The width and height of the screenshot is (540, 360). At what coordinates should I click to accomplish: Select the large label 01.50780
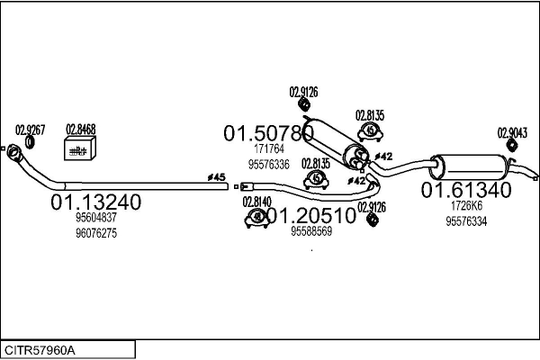[x=268, y=133]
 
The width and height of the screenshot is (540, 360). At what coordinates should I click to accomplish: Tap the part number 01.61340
[x=466, y=190]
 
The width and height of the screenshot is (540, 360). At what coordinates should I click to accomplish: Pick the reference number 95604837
[x=96, y=219]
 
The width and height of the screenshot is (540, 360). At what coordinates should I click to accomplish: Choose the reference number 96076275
[x=96, y=233]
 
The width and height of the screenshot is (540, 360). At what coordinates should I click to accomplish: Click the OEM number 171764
[x=268, y=149]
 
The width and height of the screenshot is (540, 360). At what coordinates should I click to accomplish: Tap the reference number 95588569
[x=311, y=231]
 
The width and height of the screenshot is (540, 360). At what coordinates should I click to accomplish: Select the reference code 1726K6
[x=466, y=206]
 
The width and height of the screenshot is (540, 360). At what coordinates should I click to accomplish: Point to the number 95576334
[x=466, y=221]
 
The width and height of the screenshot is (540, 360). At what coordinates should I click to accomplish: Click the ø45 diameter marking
[x=216, y=176]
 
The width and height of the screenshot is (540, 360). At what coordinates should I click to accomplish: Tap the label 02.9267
[x=30, y=129]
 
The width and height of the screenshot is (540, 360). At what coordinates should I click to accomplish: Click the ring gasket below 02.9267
[x=31, y=142]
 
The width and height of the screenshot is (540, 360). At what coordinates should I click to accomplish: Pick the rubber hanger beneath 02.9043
[x=510, y=147]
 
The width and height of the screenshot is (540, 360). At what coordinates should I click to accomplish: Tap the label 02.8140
[x=257, y=202]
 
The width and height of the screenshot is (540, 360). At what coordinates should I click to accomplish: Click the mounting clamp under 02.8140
[x=258, y=217]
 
